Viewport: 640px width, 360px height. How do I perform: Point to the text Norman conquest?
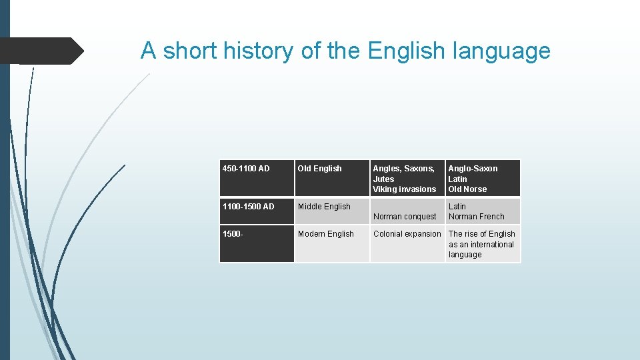pos(405,217)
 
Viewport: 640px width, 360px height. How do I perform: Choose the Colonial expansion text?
pos(407,234)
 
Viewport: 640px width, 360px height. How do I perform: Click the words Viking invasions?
pos(404,189)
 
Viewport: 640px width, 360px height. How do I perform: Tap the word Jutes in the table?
pos(383,179)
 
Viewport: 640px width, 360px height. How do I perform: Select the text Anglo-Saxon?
pos(473,169)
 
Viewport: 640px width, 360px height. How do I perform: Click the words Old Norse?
pos(467,189)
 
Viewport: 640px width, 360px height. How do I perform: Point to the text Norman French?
pos(477,217)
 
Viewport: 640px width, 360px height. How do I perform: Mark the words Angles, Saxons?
pos(403,169)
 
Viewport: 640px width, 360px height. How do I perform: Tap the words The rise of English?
pos(482,234)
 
